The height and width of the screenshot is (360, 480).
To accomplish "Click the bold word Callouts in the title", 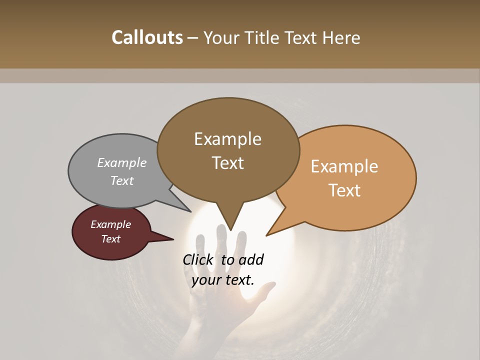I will click(x=147, y=37).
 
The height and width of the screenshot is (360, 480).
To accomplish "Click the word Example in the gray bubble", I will click(x=122, y=163).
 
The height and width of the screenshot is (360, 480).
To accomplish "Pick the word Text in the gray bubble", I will click(x=122, y=180).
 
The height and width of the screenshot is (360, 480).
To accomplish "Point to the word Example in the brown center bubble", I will click(x=227, y=139).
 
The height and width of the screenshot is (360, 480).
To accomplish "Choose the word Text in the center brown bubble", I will click(x=227, y=162).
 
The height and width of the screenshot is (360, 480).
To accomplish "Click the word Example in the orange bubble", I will click(x=344, y=166).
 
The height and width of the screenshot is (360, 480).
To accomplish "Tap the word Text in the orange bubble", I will click(x=344, y=190).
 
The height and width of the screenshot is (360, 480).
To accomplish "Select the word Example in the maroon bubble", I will click(x=111, y=224).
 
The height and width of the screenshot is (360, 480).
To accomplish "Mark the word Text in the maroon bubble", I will click(x=111, y=239).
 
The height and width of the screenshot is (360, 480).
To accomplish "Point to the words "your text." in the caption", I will click(x=223, y=280).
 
